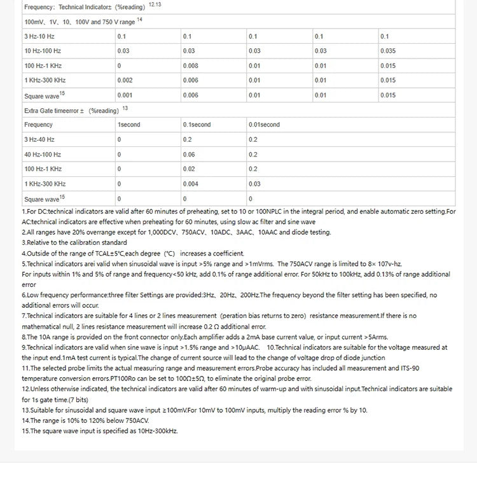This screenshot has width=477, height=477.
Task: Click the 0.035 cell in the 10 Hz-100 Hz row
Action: [389, 51]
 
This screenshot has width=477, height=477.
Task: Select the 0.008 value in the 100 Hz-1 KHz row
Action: [190, 66]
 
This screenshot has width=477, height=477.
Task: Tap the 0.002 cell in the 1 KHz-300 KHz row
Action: [125, 80]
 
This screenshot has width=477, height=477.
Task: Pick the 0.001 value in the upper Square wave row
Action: [125, 95]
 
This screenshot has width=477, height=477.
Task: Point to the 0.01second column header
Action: [264, 125]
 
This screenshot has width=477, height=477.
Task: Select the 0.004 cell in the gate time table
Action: [190, 184]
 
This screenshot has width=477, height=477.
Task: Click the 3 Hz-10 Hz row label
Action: [39, 36]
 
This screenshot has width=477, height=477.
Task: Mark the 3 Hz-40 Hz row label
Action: [39, 139]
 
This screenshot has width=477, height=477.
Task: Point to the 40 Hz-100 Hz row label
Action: [43, 155]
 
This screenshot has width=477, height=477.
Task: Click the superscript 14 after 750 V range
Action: [139, 19]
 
